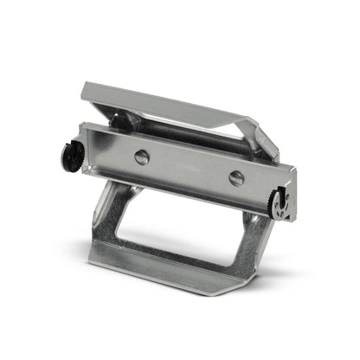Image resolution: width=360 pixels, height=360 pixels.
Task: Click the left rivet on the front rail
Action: tap(142, 157)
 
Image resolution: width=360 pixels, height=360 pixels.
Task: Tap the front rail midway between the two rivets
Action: tap(189, 167)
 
